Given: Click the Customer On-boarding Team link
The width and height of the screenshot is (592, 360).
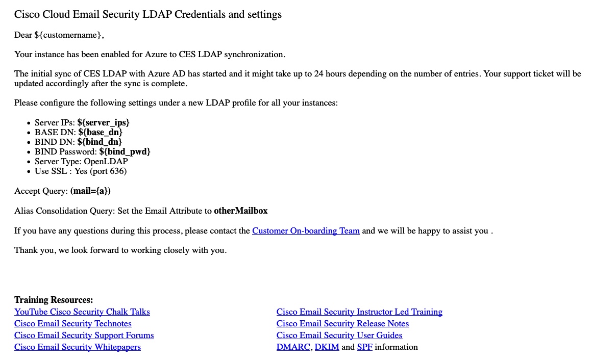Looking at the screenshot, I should (306, 231).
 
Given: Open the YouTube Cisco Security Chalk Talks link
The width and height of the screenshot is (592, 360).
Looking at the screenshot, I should (82, 312).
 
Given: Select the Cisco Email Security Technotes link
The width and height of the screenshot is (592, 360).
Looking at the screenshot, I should (73, 324).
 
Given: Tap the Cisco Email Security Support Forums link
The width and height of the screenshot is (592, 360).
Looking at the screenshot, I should (84, 336).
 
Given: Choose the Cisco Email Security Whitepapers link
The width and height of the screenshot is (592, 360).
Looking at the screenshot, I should (78, 347).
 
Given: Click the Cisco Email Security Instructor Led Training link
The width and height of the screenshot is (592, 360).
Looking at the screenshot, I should (359, 312).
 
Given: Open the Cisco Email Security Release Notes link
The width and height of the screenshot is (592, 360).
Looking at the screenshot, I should (342, 324).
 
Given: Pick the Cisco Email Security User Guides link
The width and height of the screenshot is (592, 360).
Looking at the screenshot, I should (339, 336).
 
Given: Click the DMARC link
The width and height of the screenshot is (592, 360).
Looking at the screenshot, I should (293, 347).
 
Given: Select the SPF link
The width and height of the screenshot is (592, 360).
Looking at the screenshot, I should (364, 347).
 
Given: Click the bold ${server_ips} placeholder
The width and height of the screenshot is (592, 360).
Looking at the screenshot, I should (104, 123).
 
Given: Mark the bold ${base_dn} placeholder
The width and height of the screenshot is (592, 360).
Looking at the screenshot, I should (101, 133).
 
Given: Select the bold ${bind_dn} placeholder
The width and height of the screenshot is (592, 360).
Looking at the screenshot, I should (100, 142).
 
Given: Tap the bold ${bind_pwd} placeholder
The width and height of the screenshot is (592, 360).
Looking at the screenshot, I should (125, 152).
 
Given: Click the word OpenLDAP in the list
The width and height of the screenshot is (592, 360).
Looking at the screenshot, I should (106, 162).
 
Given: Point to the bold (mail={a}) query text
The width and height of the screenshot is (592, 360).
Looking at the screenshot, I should (90, 191).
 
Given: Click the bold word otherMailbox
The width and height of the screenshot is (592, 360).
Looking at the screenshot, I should (240, 211).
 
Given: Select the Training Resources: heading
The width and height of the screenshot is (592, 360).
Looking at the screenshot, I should (54, 300).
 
